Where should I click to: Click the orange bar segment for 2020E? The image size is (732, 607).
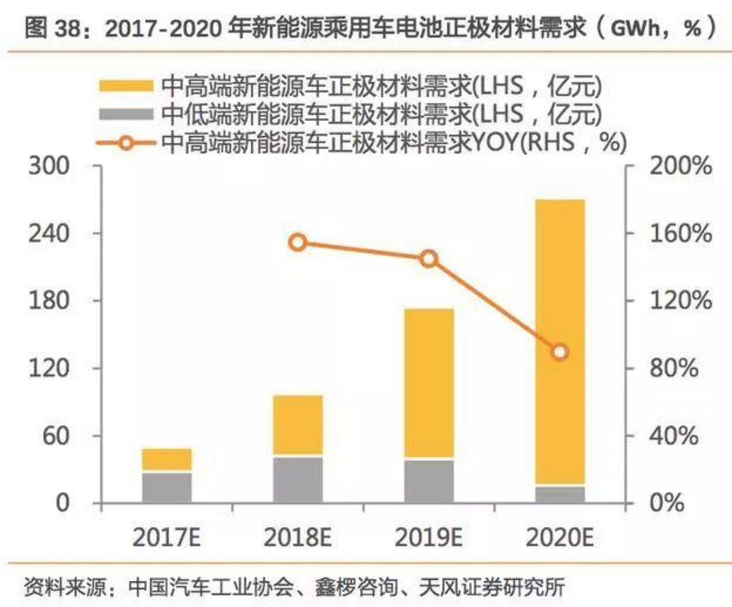(559, 342)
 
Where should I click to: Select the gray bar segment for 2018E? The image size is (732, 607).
(298, 479)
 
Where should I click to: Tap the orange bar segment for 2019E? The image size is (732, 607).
(429, 383)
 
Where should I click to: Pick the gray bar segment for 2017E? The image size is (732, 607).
(167, 487)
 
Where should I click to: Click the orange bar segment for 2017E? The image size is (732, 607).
(167, 460)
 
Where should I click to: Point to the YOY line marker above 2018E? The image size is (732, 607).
(298, 242)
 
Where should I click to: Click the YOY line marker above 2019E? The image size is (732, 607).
(429, 259)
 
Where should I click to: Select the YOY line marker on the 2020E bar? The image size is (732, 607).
(559, 352)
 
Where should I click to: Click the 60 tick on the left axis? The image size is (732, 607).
(56, 435)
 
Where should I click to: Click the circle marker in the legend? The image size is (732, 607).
(126, 142)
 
